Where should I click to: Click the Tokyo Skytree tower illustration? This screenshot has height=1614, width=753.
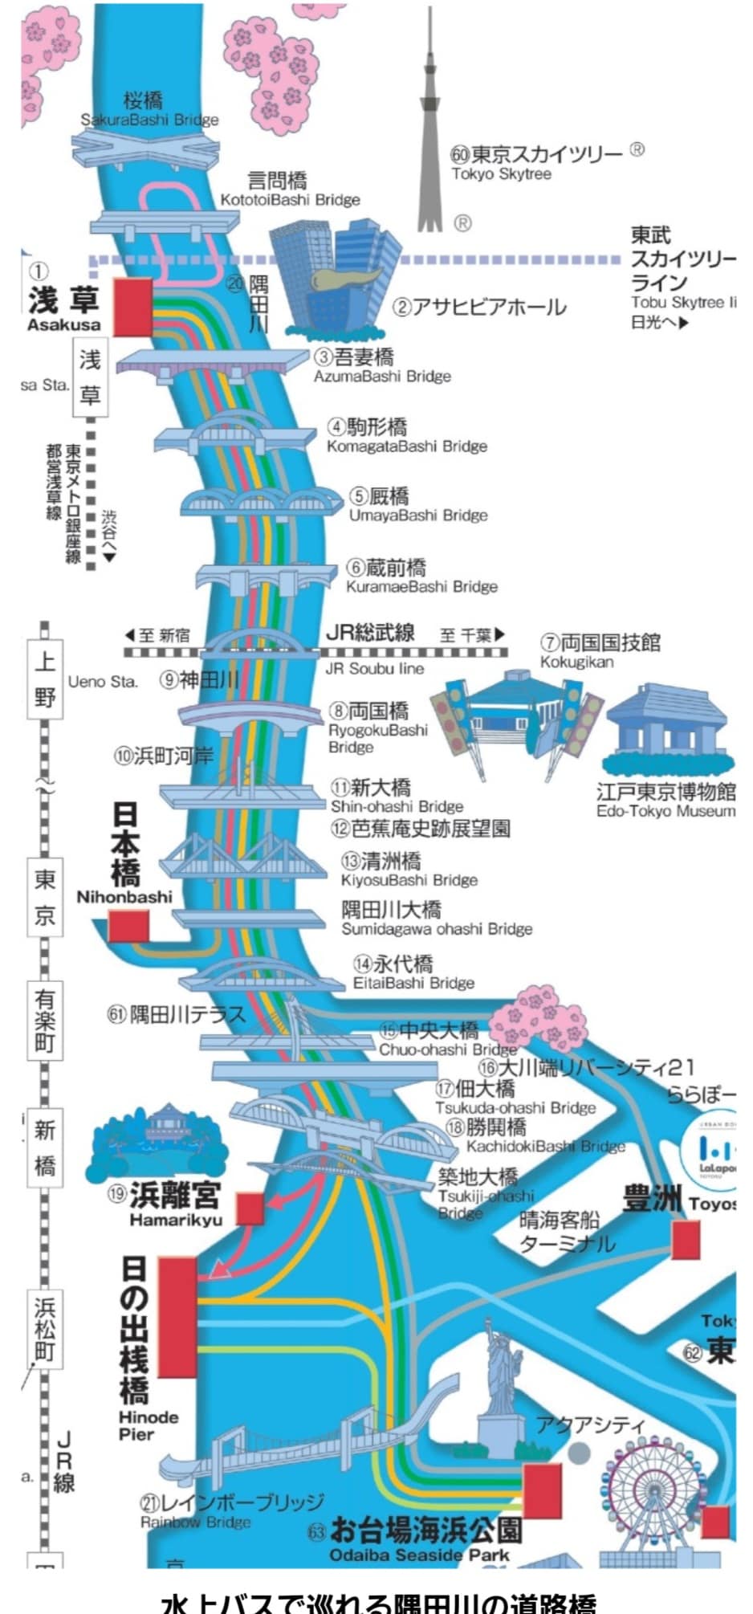[429, 128]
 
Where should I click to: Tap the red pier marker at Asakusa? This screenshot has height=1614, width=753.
[132, 307]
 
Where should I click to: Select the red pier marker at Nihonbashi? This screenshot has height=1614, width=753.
[128, 925]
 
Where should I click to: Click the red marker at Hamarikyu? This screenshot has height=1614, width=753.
[250, 1208]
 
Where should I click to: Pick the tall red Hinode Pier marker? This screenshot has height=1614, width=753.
[177, 1317]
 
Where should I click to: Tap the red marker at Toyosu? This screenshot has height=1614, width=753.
[686, 1239]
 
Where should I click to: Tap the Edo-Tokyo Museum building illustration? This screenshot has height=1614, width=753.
[666, 731]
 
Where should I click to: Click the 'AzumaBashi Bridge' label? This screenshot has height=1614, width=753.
[382, 377]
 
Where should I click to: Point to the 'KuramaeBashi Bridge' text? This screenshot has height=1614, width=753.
[421, 587]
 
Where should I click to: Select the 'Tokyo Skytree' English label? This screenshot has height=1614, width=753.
[501, 174]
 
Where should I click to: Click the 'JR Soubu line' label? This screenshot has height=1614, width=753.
[374, 668]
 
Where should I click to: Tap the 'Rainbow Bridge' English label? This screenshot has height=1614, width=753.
[196, 1522]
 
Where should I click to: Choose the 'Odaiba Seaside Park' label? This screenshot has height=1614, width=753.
[419, 1555]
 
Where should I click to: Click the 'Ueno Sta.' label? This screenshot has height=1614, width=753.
[103, 682]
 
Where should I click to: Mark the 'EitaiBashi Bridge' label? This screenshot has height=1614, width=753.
[413, 983]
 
